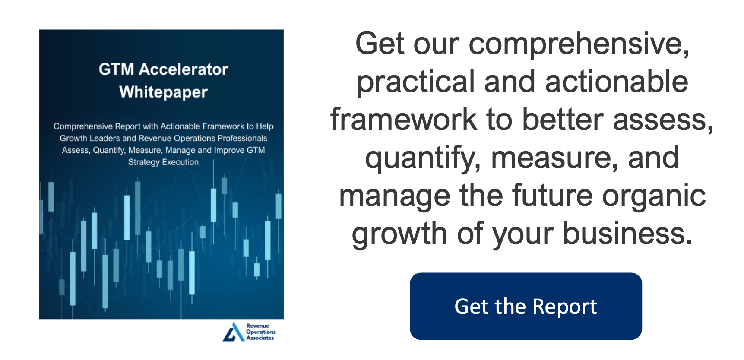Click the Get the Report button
coord(526,306)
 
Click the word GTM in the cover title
coord(116,69)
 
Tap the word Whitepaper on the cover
coord(163,92)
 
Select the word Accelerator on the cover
coord(184,69)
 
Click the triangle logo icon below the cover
coord(233,332)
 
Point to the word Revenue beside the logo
coord(258,326)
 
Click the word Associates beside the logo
coord(260,338)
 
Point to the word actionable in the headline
coord(617,82)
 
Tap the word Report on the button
coord(565,307)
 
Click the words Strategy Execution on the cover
coord(163,162)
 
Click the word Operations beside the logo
coord(261,332)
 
